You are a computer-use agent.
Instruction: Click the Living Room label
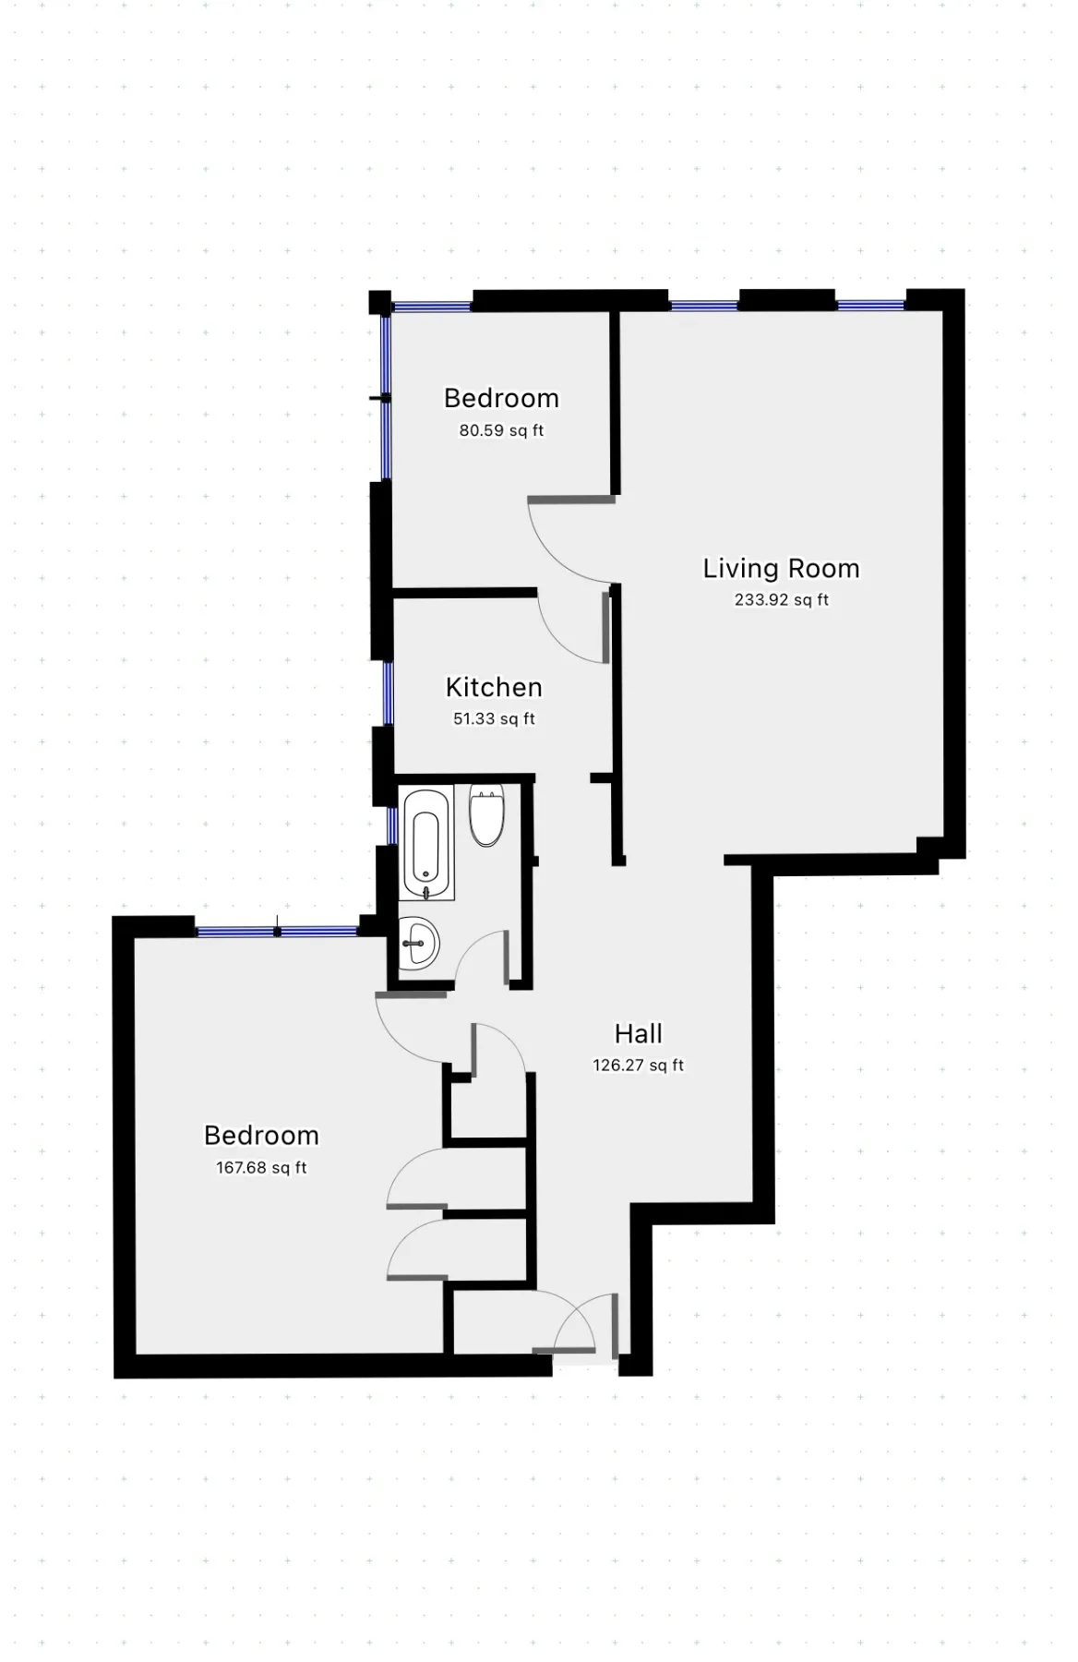pos(781,569)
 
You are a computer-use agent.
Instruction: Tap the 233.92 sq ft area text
pos(781,600)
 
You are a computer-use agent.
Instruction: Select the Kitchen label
pos(494,688)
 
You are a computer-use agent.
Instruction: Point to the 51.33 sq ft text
pos(494,719)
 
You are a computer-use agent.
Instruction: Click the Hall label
pos(638,1034)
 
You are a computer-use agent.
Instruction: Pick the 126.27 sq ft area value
pos(638,1066)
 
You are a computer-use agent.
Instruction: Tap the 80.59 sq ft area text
pos(501,430)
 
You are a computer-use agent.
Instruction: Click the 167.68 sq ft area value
pos(261,1168)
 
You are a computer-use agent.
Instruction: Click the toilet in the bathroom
pos(486,815)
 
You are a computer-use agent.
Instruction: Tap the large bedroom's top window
pos(277,932)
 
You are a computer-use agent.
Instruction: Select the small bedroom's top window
pos(432,306)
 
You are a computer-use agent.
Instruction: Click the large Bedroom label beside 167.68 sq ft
pos(261,1136)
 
